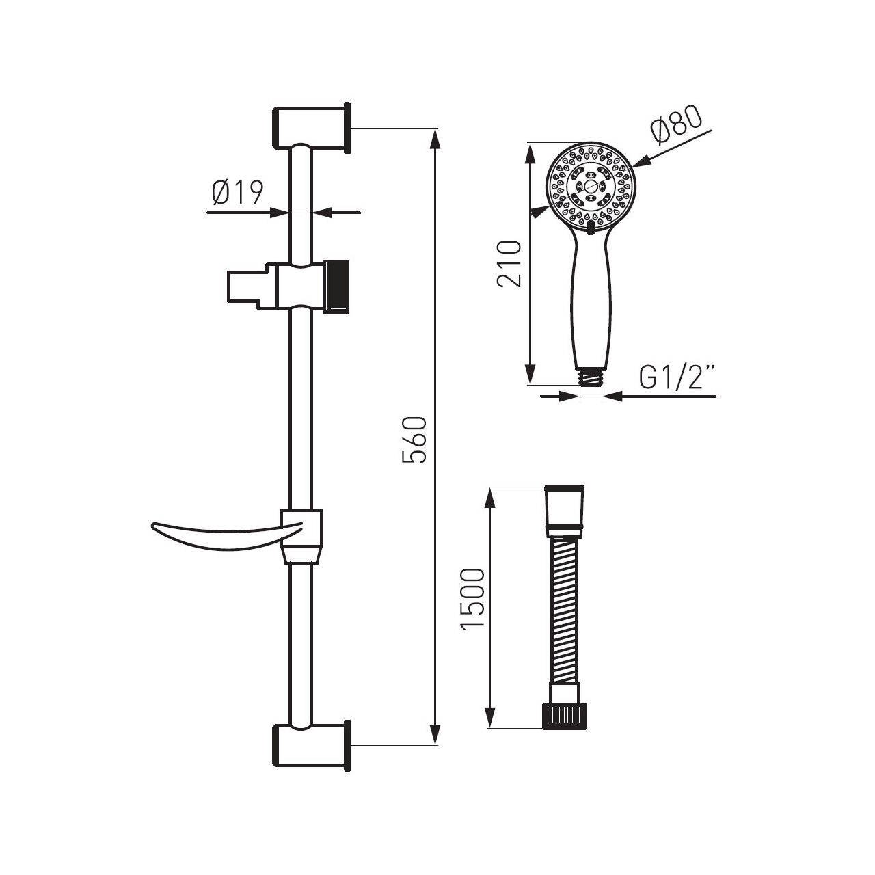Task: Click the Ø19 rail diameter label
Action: (237, 193)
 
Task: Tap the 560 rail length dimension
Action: (414, 440)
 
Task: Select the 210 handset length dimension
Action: (509, 263)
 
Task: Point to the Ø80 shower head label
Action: (676, 126)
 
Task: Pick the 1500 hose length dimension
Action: (472, 599)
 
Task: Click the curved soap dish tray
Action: (226, 536)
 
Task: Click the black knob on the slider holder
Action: (338, 286)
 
